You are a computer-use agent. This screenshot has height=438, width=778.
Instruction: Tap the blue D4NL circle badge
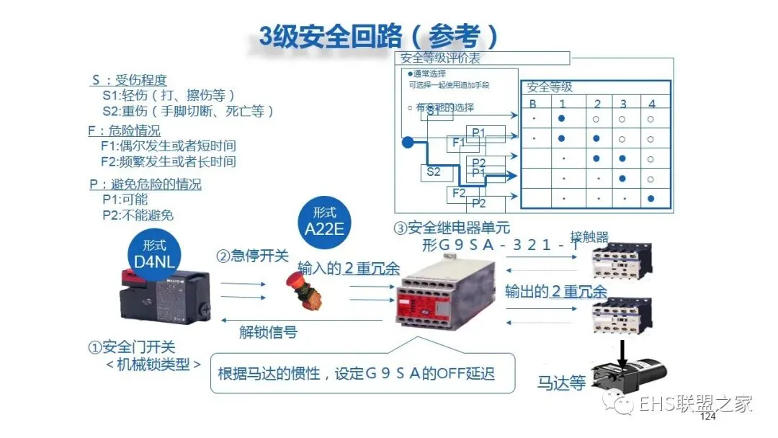click(x=155, y=252)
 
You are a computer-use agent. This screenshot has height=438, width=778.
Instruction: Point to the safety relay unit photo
click(x=443, y=296)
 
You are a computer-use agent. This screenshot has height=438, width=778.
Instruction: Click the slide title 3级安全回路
click(x=379, y=36)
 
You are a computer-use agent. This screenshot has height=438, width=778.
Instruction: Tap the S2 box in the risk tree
click(x=433, y=171)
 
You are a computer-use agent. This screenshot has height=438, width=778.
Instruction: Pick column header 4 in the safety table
click(x=651, y=104)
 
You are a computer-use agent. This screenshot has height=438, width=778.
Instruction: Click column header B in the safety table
click(x=533, y=104)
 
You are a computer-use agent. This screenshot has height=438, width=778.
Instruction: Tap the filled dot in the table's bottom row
click(x=651, y=198)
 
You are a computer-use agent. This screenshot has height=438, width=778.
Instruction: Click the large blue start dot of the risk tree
click(x=407, y=142)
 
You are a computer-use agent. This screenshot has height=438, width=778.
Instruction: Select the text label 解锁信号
click(x=268, y=332)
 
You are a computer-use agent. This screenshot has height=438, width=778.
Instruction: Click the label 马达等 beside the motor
click(x=561, y=383)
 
